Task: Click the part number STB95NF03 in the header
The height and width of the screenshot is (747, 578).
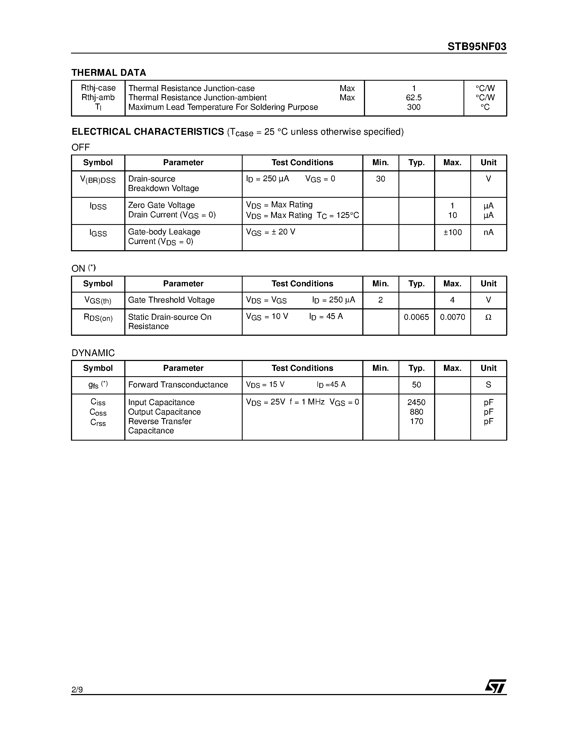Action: click(x=477, y=47)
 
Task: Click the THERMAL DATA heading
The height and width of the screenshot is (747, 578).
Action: click(x=109, y=73)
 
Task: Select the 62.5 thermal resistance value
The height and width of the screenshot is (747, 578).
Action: click(x=414, y=98)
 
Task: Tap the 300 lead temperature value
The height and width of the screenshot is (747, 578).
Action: click(x=414, y=107)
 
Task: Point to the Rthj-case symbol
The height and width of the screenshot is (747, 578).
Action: click(x=98, y=88)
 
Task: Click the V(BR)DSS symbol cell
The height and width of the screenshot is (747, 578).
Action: click(x=98, y=180)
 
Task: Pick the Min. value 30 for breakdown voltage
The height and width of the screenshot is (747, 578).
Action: click(x=381, y=179)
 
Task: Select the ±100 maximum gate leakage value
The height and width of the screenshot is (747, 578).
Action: click(x=452, y=233)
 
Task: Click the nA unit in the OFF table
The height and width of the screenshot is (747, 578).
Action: click(x=488, y=233)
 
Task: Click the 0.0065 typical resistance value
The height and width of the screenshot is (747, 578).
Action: click(x=416, y=317)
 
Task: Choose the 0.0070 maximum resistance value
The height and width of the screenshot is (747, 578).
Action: click(x=452, y=317)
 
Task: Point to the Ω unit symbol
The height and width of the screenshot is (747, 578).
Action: click(x=488, y=317)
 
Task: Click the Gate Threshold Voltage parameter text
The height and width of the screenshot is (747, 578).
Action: click(x=171, y=300)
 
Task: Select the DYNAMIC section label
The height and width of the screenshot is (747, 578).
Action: click(x=93, y=353)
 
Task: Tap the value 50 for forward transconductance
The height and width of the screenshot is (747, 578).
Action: click(x=416, y=385)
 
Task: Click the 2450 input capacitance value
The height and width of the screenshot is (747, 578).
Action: click(x=416, y=403)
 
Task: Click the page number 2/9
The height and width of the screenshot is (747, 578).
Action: click(x=77, y=689)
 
